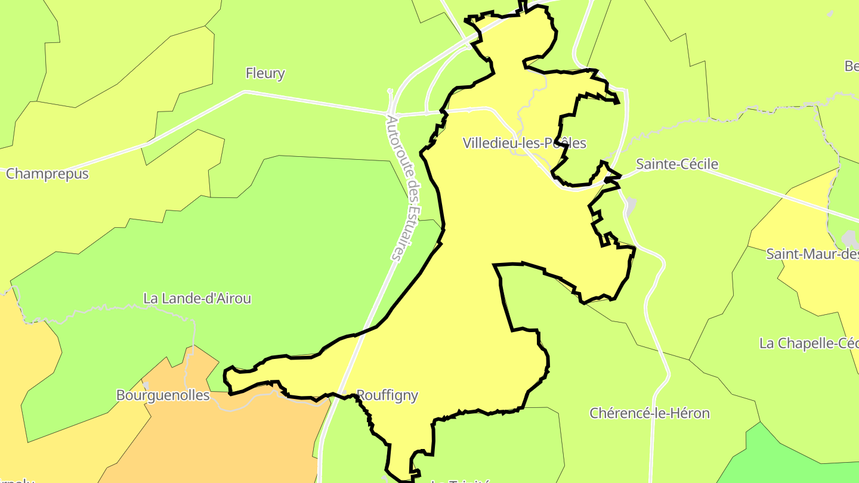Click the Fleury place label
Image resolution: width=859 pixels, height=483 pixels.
(x=265, y=73)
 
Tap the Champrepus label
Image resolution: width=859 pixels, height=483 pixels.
(x=47, y=174)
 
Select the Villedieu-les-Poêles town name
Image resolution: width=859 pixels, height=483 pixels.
(x=524, y=143)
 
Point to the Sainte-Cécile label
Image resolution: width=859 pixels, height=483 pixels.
(x=677, y=164)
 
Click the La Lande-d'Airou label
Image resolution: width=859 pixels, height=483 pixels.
(x=197, y=298)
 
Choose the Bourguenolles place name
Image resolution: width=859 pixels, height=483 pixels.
(x=163, y=395)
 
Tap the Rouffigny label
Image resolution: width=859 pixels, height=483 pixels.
(x=387, y=395)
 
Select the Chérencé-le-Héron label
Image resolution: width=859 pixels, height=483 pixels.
(x=650, y=413)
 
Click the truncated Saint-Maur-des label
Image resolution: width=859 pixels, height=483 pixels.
(x=812, y=254)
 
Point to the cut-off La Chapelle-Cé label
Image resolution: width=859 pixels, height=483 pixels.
(x=808, y=343)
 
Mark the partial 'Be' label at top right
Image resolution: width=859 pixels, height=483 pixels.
(x=851, y=66)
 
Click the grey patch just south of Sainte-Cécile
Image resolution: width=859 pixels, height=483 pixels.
(x=631, y=206)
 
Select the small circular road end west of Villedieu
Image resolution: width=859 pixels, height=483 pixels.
(x=390, y=91)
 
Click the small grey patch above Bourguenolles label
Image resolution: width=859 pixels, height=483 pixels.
(x=146, y=385)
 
